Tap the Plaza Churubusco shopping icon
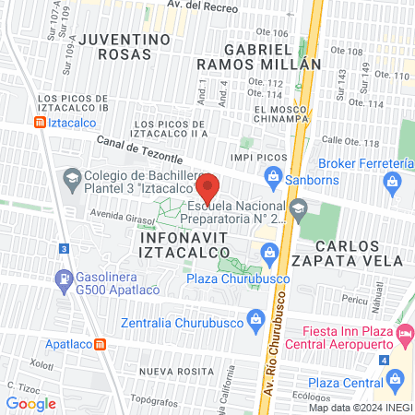point(269,251)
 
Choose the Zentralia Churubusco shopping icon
point(256,323)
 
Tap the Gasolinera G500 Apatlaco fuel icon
point(63,277)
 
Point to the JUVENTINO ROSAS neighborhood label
point(125,48)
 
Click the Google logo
point(30,403)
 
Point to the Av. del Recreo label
point(200,6)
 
